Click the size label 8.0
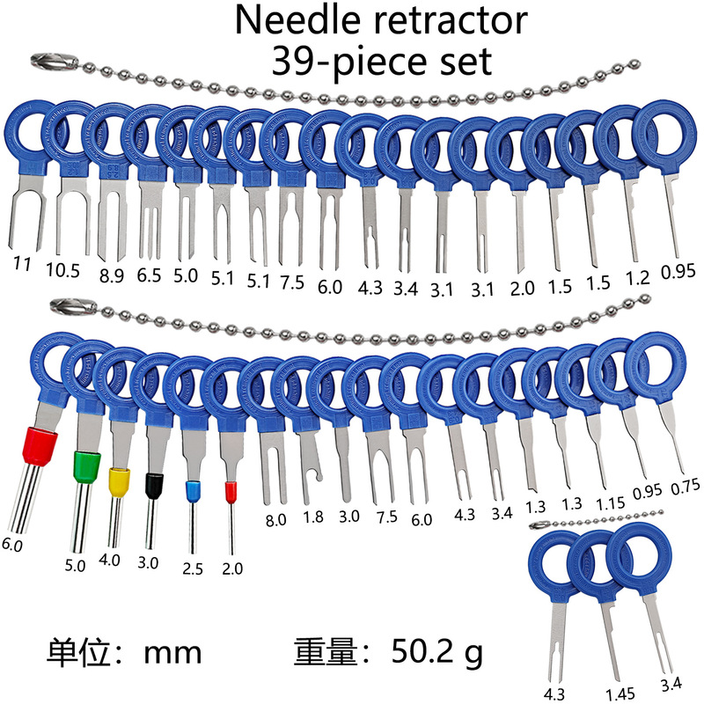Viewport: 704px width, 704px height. [x=275, y=520]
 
